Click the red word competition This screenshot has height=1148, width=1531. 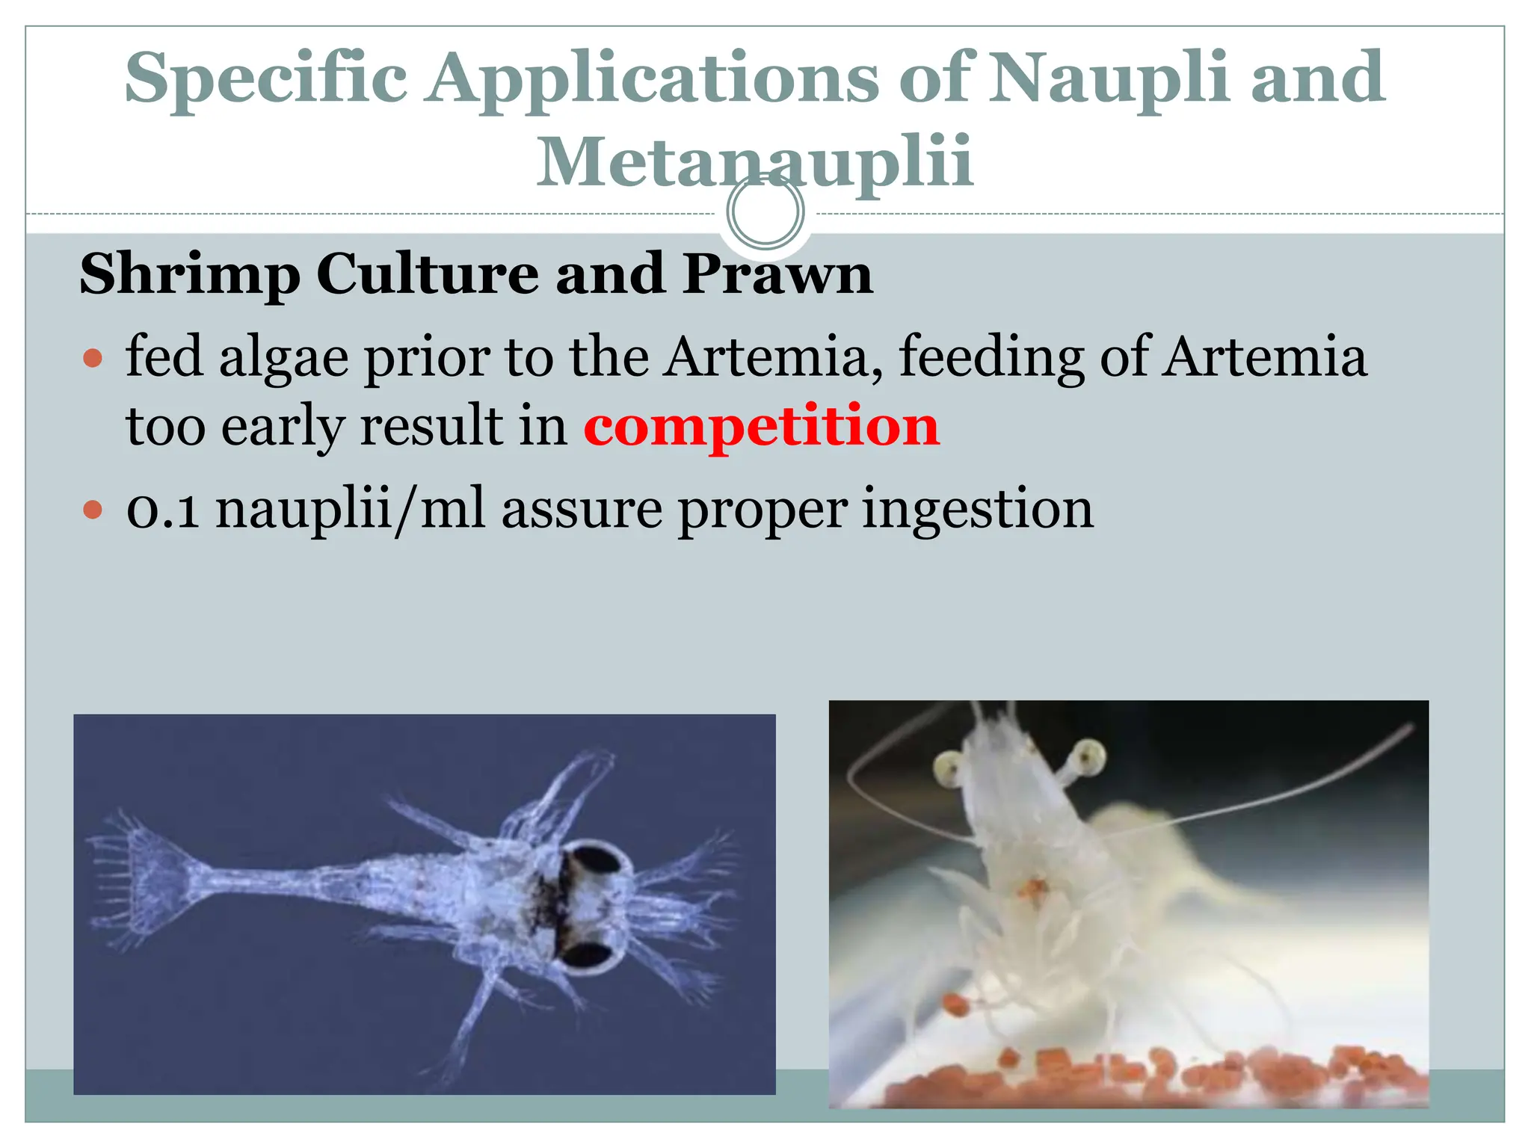point(761,427)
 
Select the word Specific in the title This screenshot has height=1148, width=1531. point(266,79)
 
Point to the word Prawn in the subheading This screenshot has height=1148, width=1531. point(777,274)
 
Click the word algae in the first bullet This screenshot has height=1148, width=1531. point(283,357)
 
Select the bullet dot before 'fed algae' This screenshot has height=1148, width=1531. point(93,359)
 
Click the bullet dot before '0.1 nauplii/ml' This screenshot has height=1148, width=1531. point(93,511)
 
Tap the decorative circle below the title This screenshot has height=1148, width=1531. point(765,212)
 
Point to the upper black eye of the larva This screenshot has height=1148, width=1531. point(589,859)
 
